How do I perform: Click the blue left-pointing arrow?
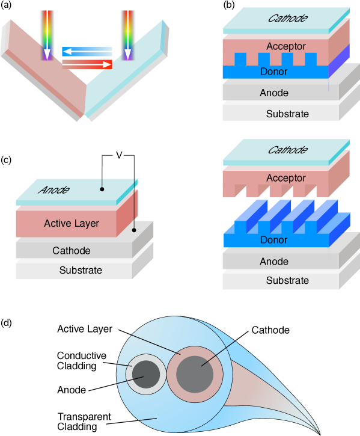tap(87, 51)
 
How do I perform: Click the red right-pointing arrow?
tap(87, 64)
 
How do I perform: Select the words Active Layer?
tap(72, 224)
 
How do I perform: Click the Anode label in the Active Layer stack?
tap(54, 190)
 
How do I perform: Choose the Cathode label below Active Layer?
tap(72, 251)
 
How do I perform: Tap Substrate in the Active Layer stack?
tap(81, 271)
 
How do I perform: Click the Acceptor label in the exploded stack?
tap(286, 178)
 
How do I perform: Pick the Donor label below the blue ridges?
tap(274, 240)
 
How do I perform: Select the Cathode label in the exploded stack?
tap(287, 150)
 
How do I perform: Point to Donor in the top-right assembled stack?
tap(274, 72)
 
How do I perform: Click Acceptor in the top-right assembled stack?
tap(286, 46)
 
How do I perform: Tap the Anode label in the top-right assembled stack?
tap(274, 93)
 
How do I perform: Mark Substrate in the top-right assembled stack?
tap(287, 114)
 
